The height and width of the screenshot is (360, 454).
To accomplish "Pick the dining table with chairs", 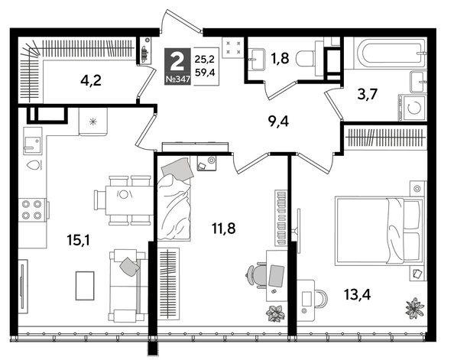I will coord(123,199).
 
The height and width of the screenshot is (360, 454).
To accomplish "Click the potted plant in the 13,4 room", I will coord(413,307).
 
